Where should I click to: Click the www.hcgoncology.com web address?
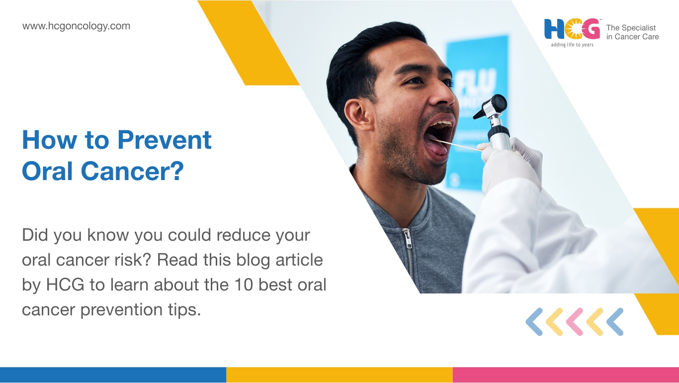[x=76, y=26]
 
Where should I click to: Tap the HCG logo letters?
[x=572, y=29]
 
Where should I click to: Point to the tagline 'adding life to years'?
[x=572, y=45]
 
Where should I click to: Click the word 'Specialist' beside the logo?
[x=639, y=28]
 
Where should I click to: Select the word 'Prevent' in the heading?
[x=165, y=140]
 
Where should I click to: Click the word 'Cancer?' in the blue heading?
[x=132, y=171]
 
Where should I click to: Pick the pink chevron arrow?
[x=574, y=322]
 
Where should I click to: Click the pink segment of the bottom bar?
[x=566, y=375]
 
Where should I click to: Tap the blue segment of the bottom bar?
[x=113, y=375]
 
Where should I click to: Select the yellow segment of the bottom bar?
[x=339, y=375]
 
